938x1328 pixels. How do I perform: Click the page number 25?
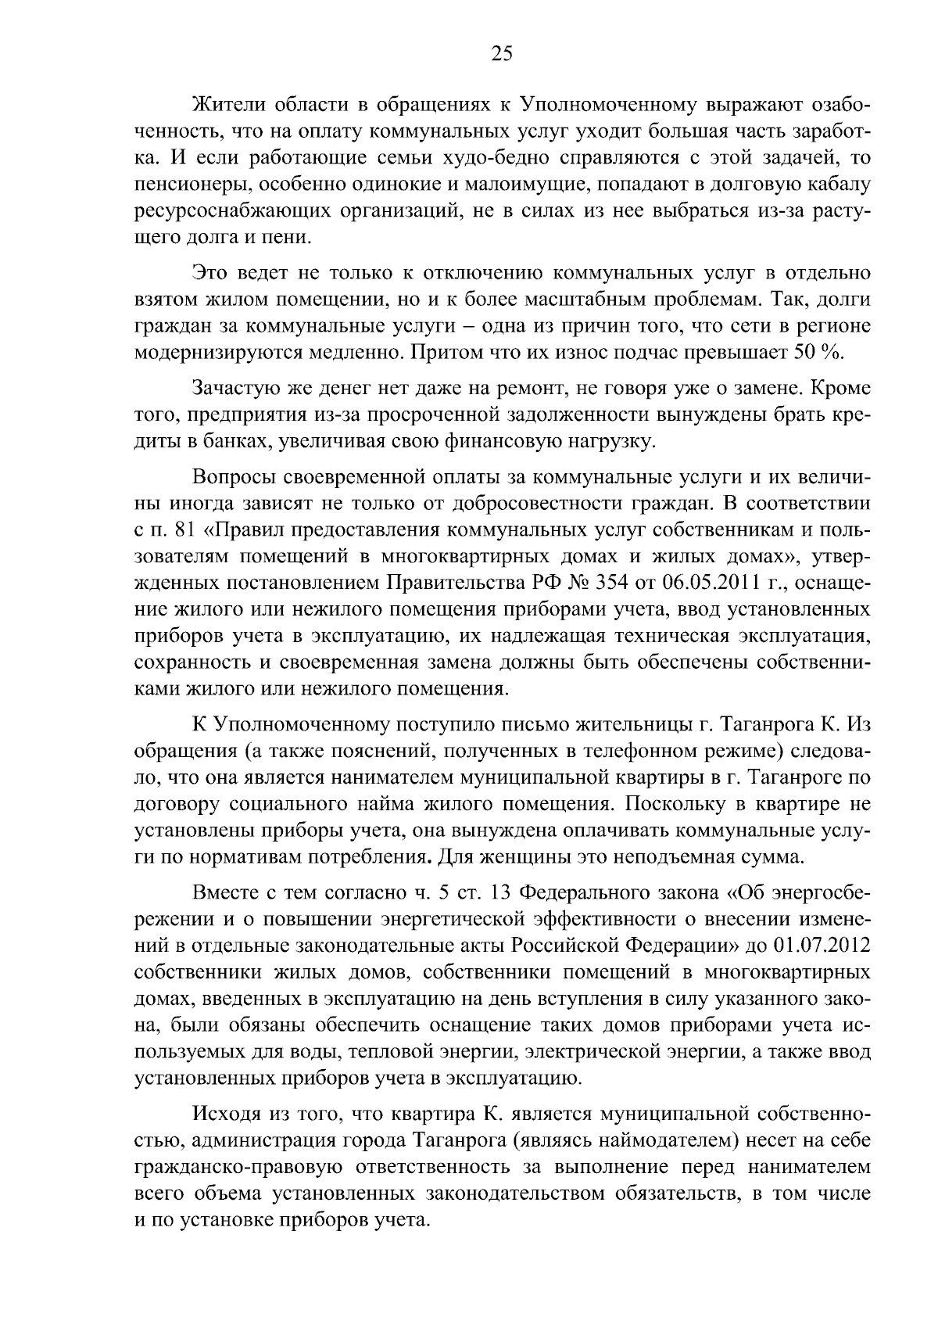click(x=500, y=53)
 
